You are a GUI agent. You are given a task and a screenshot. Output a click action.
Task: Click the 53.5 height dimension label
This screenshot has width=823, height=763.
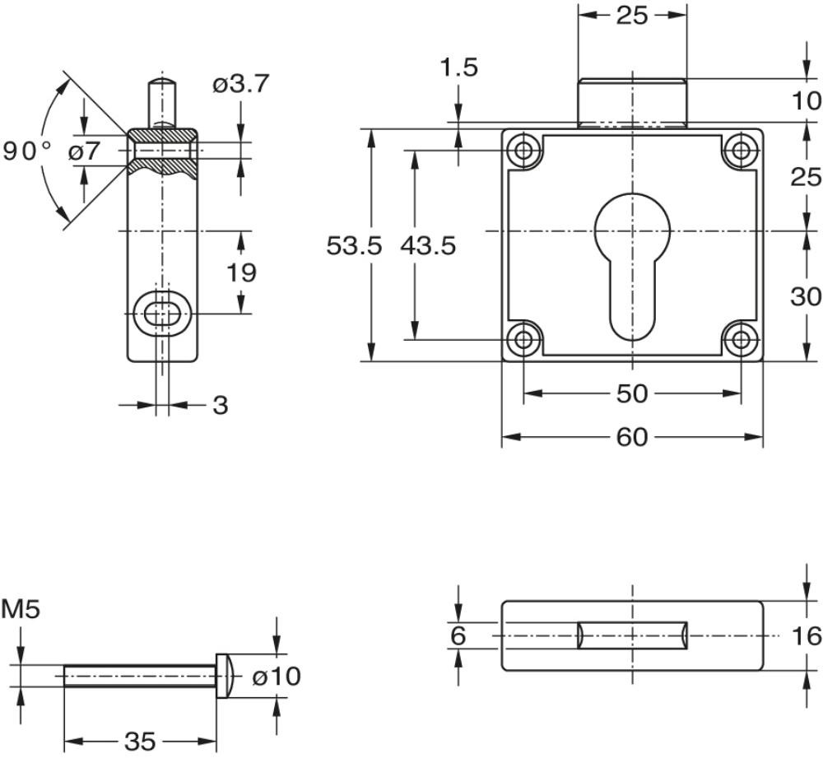tap(354, 245)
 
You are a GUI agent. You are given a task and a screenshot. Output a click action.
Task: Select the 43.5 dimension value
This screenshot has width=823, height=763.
tap(428, 245)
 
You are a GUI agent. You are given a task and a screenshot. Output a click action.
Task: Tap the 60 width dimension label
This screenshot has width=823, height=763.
tap(632, 437)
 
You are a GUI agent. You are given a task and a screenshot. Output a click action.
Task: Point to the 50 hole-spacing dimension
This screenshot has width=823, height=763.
tap(632, 393)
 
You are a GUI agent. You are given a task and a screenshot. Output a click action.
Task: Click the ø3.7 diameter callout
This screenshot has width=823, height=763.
tap(241, 84)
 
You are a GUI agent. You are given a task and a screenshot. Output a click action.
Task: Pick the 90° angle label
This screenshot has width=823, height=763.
tap(27, 151)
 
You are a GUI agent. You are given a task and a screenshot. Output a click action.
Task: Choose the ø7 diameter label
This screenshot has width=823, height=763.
tap(84, 151)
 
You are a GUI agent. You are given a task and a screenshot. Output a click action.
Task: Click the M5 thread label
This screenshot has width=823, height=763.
tap(21, 610)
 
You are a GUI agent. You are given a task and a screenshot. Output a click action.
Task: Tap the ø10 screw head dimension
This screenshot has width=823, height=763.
tap(277, 676)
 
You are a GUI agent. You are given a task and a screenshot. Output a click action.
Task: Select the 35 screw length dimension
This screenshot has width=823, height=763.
tap(140, 742)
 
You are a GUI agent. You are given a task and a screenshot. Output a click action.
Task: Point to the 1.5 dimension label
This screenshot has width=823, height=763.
tap(458, 67)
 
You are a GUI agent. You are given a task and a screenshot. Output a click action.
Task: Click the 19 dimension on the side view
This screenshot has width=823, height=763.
tap(241, 273)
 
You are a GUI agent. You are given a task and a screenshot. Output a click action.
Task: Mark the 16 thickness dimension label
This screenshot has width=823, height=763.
tap(807, 636)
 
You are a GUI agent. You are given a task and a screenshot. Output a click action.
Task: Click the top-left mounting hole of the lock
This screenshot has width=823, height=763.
tap(523, 151)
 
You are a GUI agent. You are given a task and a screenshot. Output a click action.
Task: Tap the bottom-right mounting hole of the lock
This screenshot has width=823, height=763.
tap(742, 339)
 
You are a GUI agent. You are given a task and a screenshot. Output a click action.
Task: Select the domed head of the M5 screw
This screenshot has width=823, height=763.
tap(225, 676)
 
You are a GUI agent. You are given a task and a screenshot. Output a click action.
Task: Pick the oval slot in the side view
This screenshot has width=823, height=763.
tap(163, 314)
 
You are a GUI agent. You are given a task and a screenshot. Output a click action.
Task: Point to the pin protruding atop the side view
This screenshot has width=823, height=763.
tap(162, 103)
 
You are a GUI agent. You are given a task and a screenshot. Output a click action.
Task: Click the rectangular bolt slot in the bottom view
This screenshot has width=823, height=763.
tap(632, 635)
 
